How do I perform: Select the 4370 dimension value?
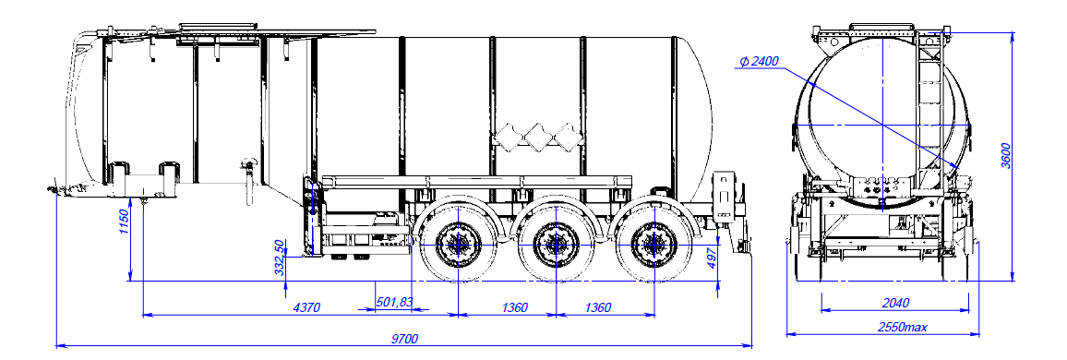pyautogui.click(x=306, y=307)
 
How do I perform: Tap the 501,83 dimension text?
pyautogui.click(x=394, y=303)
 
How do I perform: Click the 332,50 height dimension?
pyautogui.click(x=279, y=257)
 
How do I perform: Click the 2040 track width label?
pyautogui.click(x=895, y=303)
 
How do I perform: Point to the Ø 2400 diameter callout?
pyautogui.click(x=759, y=62)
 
